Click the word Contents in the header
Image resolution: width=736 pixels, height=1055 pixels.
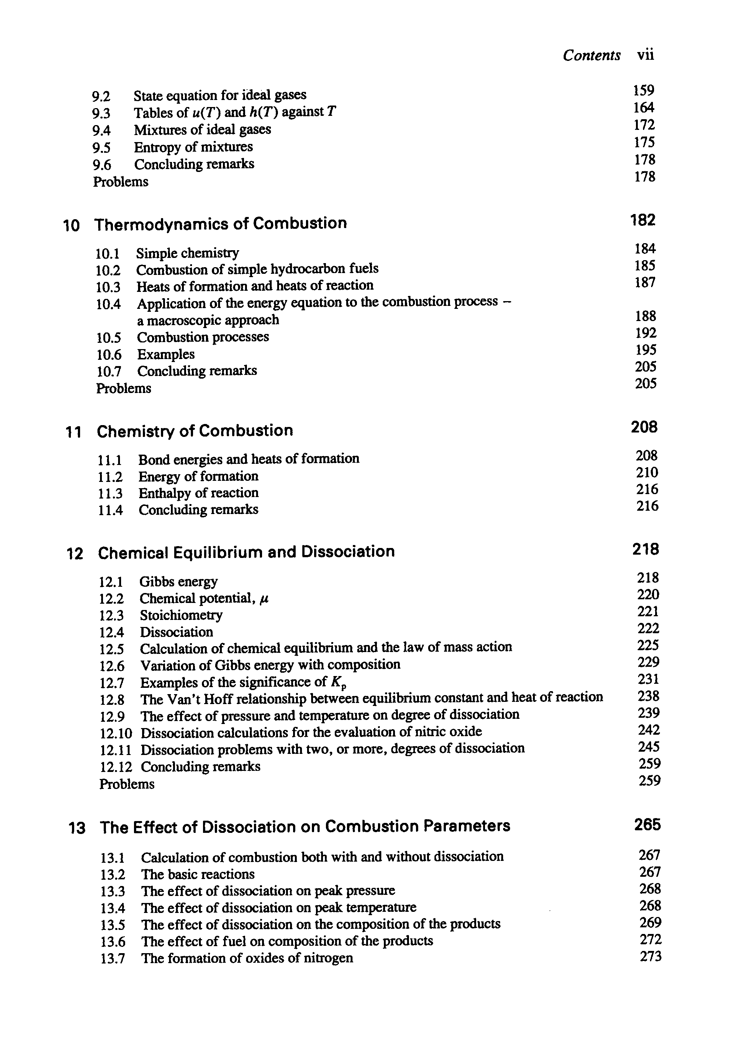click(592, 56)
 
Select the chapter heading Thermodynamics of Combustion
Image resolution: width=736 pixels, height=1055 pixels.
click(220, 223)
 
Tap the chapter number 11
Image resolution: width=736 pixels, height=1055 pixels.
click(73, 432)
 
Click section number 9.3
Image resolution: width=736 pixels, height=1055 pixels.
click(101, 113)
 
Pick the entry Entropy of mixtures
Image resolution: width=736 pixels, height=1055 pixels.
click(193, 147)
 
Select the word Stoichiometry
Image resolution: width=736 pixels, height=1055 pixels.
click(181, 615)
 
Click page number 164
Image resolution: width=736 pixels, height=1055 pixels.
click(644, 107)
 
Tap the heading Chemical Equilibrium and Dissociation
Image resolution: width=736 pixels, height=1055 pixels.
click(246, 551)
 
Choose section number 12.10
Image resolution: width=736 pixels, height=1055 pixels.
click(116, 733)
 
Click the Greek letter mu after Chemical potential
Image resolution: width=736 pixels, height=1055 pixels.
click(264, 599)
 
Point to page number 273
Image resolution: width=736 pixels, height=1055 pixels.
click(650, 956)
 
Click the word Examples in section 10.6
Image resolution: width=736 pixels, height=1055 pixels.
click(166, 354)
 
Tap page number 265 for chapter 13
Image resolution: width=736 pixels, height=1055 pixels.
click(647, 825)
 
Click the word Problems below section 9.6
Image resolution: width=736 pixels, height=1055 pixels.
click(120, 182)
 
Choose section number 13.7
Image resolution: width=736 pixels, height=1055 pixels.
click(113, 959)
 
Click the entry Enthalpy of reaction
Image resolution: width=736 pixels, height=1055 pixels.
click(199, 493)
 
